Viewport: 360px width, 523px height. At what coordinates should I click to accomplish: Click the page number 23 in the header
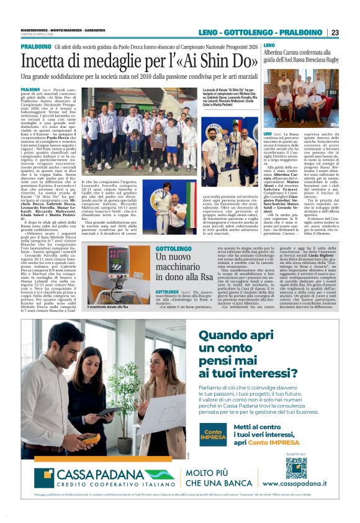[x=352, y=32]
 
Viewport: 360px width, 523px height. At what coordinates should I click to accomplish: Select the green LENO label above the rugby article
[x=269, y=46]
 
